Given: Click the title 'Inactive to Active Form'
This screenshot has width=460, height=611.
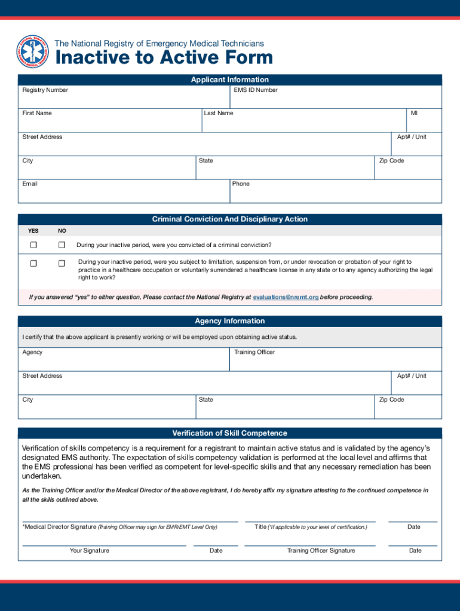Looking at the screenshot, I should click(x=164, y=58).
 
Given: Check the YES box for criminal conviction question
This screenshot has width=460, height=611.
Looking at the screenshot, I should click(x=34, y=245).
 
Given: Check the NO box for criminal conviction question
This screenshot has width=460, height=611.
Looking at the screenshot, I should click(x=62, y=245).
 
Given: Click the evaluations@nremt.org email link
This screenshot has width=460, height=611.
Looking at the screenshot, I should click(x=286, y=297).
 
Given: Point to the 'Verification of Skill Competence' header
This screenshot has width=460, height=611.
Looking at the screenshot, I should click(x=230, y=433).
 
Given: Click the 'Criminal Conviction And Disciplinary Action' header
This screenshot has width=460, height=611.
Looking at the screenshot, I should click(x=230, y=220).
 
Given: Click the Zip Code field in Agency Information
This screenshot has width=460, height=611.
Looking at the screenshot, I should click(x=409, y=409).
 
